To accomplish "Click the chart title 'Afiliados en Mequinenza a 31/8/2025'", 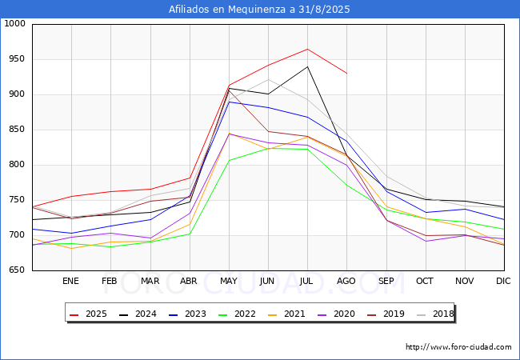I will pos(259,10).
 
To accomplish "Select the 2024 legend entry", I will pos(144,314).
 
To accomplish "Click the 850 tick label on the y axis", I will pos(17,130).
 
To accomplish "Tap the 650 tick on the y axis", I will pos(17,270).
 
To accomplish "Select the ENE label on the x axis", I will pos(71,282).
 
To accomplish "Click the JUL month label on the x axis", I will pos(307,282).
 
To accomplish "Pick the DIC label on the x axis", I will pos(503,282).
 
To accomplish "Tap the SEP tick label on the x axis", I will pos(386,282).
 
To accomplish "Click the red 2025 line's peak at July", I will pos(307,49).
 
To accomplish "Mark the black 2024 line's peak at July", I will pos(307,66).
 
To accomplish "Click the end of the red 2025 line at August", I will pos(346,74).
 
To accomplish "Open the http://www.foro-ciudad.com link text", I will pos(458,347).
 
